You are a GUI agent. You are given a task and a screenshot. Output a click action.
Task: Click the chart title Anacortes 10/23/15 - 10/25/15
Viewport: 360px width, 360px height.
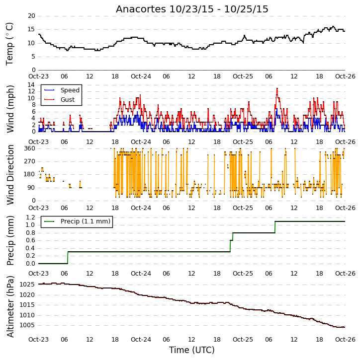[192, 9]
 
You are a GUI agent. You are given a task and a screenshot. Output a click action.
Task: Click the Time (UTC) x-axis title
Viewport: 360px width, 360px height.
[192, 350]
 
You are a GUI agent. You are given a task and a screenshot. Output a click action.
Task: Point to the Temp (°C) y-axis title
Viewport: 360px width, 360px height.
[9, 44]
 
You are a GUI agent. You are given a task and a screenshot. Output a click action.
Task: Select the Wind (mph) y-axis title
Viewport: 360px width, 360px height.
[10, 109]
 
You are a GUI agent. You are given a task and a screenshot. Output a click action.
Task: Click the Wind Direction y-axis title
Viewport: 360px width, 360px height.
[10, 174]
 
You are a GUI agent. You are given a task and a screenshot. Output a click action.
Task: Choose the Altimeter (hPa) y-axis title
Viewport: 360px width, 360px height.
[10, 306]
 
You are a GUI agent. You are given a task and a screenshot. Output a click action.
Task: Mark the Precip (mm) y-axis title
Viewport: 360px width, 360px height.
[10, 240]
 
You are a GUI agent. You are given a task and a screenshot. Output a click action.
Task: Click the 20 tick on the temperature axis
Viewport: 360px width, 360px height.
[31, 16]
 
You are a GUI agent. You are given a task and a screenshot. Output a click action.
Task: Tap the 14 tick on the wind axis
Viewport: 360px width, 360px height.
[31, 85]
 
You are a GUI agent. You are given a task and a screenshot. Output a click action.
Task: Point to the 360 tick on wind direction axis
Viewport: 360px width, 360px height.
[30, 148]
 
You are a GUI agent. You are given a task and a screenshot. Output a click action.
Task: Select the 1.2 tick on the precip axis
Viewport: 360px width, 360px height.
[30, 217]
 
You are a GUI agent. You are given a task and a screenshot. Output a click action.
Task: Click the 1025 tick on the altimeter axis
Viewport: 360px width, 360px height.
[27, 285]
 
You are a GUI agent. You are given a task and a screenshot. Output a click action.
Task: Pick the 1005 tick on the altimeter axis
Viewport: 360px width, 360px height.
[27, 325]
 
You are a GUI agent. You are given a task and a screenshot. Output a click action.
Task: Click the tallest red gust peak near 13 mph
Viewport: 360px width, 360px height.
[277, 88]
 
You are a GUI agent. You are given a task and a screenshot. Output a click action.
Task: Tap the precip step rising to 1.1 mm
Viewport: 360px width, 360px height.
[275, 227]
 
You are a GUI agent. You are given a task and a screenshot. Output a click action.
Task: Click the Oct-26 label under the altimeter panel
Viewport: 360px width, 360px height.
[345, 339]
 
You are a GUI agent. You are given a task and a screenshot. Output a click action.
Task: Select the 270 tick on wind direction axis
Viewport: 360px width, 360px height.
[30, 161]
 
